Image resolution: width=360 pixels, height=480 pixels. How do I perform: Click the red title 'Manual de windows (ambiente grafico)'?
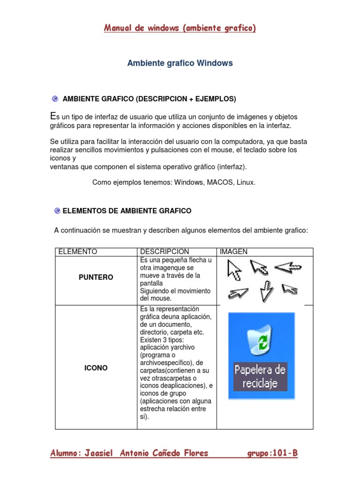tap(180, 29)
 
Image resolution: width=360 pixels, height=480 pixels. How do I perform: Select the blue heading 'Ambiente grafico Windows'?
tap(180, 63)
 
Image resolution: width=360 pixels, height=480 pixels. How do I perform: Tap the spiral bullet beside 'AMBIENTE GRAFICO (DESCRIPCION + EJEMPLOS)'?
tap(55, 99)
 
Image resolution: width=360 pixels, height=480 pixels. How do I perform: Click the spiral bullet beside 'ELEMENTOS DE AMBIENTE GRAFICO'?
tap(57, 211)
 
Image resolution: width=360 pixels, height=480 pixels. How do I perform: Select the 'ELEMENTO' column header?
tap(77, 252)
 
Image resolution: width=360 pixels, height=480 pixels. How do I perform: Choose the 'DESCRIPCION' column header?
tap(164, 252)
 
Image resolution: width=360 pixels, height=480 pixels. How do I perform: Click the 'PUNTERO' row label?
tap(96, 277)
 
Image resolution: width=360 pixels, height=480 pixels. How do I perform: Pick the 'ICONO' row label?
tap(96, 368)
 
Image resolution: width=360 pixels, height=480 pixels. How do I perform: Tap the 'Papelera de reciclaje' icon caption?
tap(260, 376)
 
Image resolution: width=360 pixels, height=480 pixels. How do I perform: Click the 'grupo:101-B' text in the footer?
tap(272, 453)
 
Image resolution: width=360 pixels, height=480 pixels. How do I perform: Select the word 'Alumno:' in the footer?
tap(66, 453)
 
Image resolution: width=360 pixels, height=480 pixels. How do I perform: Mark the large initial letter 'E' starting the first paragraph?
tap(52, 116)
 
